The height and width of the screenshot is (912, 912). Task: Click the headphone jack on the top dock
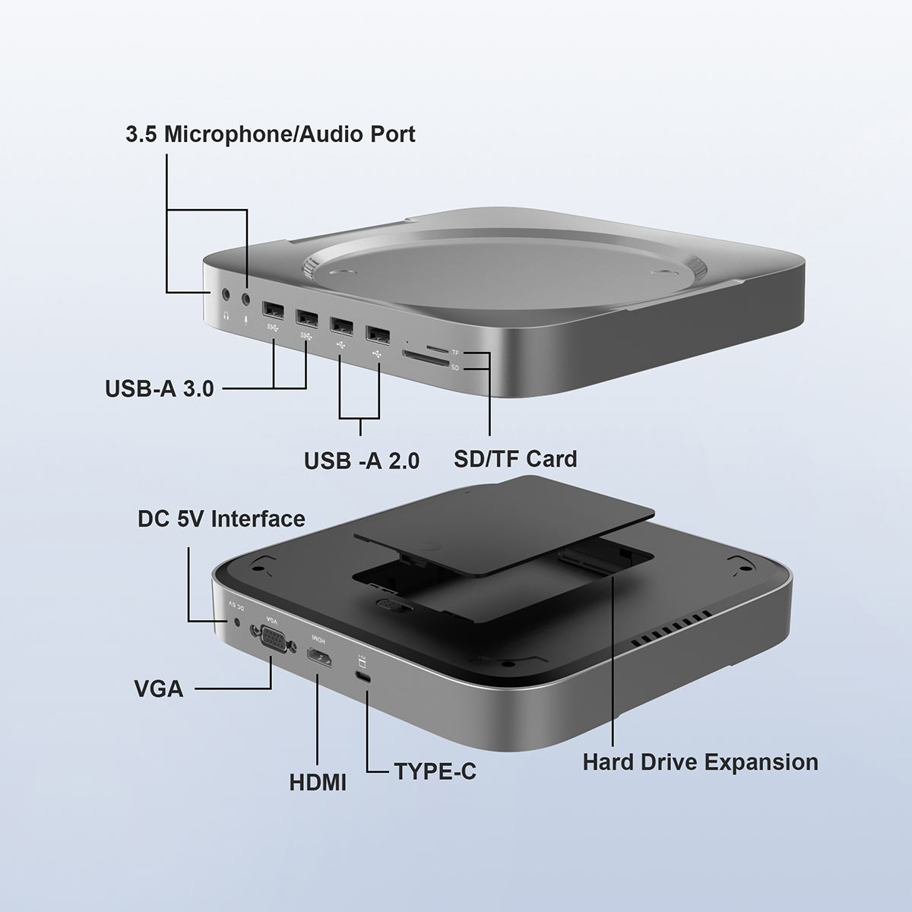(226, 293)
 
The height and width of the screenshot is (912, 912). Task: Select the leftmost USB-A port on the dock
(272, 311)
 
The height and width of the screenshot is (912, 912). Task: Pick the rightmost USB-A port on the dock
(378, 333)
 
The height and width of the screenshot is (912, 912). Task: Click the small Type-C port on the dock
(364, 678)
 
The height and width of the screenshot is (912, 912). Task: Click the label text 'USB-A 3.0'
(159, 389)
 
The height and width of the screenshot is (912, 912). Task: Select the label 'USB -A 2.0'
(362, 461)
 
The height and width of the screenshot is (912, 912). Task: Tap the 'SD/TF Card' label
(515, 458)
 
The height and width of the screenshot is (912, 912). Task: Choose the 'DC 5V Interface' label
(221, 519)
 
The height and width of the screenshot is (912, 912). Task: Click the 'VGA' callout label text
(158, 689)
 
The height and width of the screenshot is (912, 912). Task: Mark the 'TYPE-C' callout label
(435, 771)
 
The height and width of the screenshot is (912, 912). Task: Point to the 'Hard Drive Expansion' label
(700, 762)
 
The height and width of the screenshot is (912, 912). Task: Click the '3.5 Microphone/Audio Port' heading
(271, 135)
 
